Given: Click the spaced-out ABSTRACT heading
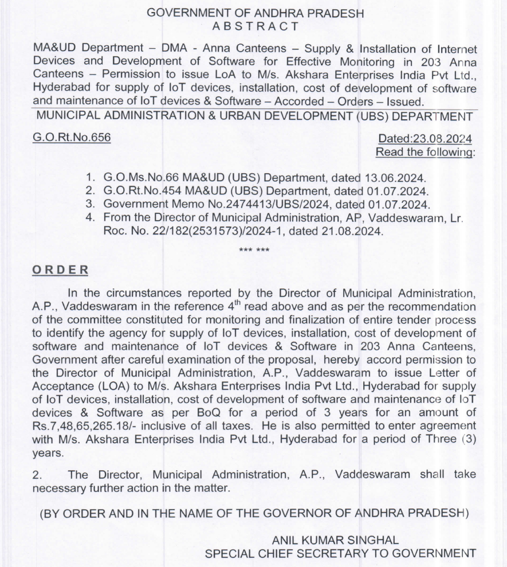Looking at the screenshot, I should pyautogui.click(x=256, y=26).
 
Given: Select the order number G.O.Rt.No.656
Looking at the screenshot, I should pyautogui.click(x=72, y=138).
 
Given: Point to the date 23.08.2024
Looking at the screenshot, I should pyautogui.click(x=443, y=139).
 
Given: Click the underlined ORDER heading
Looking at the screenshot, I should pyautogui.click(x=60, y=270).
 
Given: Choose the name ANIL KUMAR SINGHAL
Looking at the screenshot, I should pyautogui.click(x=335, y=540).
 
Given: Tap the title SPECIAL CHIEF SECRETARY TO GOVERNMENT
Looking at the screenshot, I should pyautogui.click(x=340, y=553).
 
